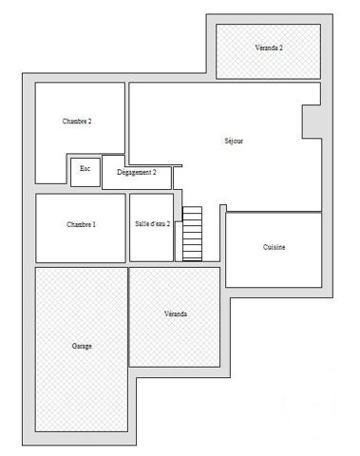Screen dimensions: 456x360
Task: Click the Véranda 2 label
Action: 269,47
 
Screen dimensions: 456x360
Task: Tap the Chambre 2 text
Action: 77,122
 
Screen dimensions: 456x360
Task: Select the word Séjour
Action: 234,141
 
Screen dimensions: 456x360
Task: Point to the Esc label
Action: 85,168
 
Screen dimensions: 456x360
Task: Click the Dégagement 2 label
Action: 137,172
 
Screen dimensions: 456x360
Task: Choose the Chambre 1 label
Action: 81,225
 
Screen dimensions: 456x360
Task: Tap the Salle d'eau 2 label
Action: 153,225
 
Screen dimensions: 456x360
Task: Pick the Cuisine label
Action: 275,247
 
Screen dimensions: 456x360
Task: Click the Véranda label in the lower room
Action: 175,313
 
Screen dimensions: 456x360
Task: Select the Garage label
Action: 82,347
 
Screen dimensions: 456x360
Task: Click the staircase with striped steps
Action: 193,234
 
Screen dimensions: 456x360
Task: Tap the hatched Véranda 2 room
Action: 269,62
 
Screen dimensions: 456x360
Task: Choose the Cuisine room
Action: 275,266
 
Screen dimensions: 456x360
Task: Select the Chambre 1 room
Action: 81,242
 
